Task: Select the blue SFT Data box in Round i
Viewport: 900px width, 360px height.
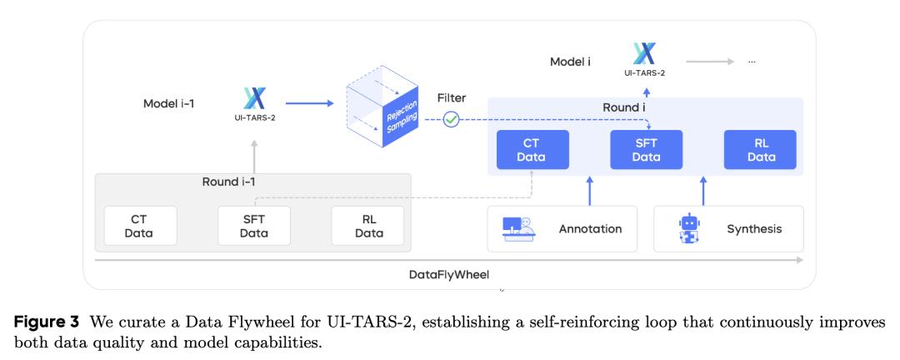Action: (646, 150)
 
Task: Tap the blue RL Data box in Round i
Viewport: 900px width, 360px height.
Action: (760, 150)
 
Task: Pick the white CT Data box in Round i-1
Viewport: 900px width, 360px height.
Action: (139, 226)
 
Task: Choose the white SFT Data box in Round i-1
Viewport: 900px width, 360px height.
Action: (253, 226)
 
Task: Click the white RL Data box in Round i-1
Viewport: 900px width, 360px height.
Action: (367, 226)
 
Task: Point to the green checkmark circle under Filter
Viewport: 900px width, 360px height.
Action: (451, 119)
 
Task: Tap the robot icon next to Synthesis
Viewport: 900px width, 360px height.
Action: (689, 228)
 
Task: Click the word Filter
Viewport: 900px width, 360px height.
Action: (452, 98)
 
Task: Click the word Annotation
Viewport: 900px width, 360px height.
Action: (590, 228)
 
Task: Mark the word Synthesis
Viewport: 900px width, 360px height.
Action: (754, 228)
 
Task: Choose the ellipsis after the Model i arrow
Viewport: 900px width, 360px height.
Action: (752, 62)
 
